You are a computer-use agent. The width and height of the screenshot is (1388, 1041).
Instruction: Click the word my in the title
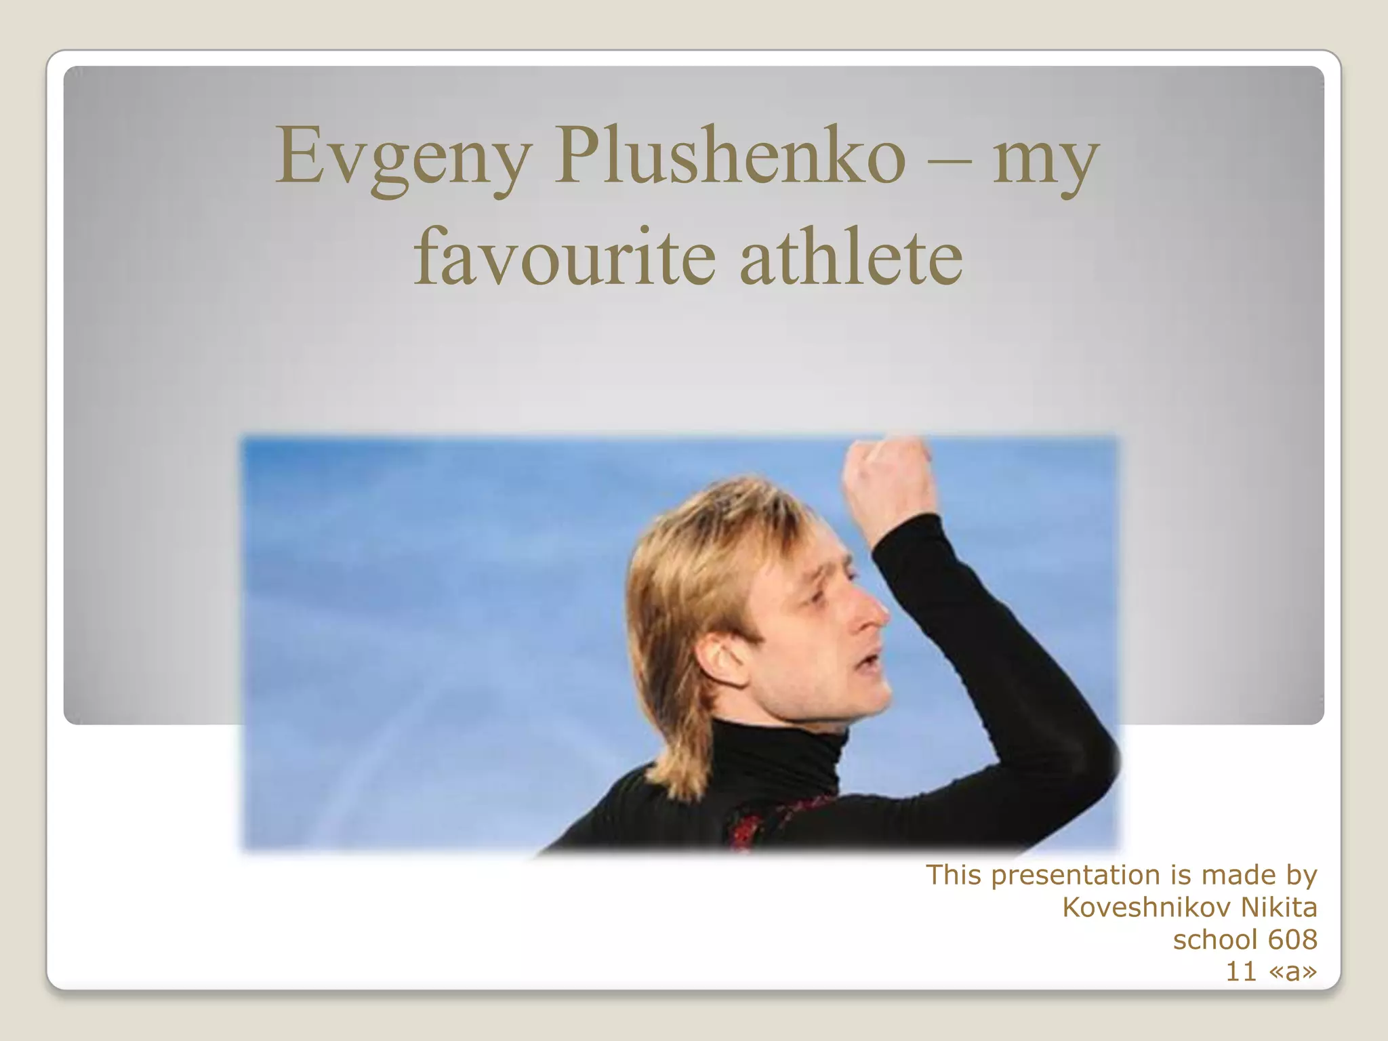coord(1044,163)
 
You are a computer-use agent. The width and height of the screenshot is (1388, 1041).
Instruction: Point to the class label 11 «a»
coord(1271,972)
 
